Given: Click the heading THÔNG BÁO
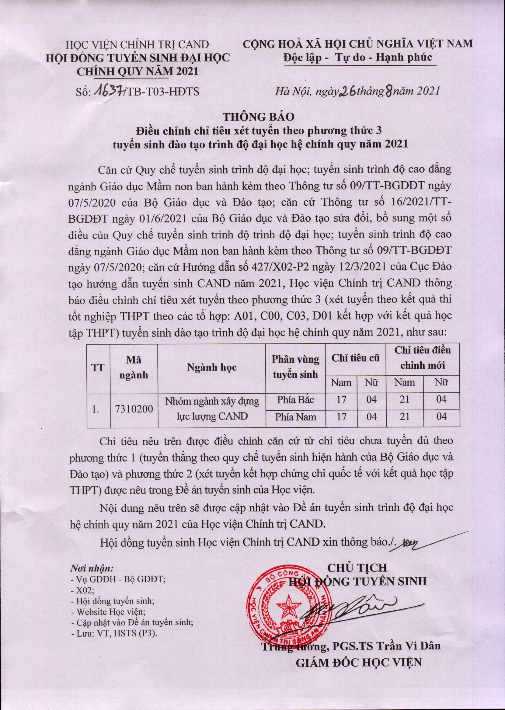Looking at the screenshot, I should pyautogui.click(x=252, y=117).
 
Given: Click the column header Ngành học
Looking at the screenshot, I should pyautogui.click(x=211, y=368).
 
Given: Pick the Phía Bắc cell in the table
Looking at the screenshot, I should pyautogui.click(x=295, y=400).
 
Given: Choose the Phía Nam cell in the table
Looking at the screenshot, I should pyautogui.click(x=295, y=417).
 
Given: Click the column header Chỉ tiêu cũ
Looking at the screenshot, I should pyautogui.click(x=355, y=358).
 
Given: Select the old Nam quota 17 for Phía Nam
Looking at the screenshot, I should pyautogui.click(x=341, y=416).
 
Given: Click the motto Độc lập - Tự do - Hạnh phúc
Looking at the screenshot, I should pyautogui.click(x=357, y=58).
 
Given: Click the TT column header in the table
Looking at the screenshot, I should pyautogui.click(x=98, y=368).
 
